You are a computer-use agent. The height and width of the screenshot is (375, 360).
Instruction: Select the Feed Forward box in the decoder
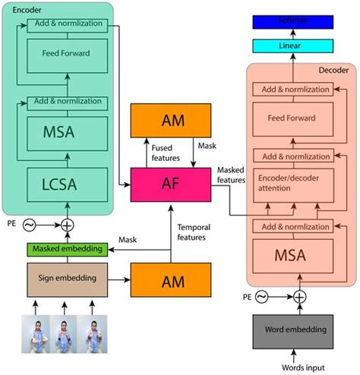[291, 118]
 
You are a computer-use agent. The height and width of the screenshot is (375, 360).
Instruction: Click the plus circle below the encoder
[68, 225]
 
